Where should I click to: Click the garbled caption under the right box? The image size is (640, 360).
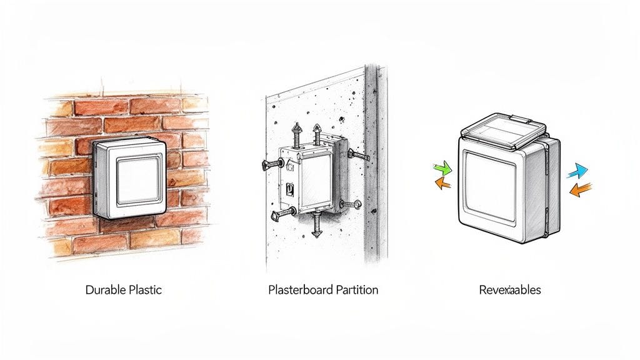510,291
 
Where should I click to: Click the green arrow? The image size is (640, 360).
442,168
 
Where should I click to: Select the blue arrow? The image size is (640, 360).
579,170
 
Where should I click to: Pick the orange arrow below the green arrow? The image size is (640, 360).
442,183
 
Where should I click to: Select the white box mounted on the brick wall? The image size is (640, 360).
130,177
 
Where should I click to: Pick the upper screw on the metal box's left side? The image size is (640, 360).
269,165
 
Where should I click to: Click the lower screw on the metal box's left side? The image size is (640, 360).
278,214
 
